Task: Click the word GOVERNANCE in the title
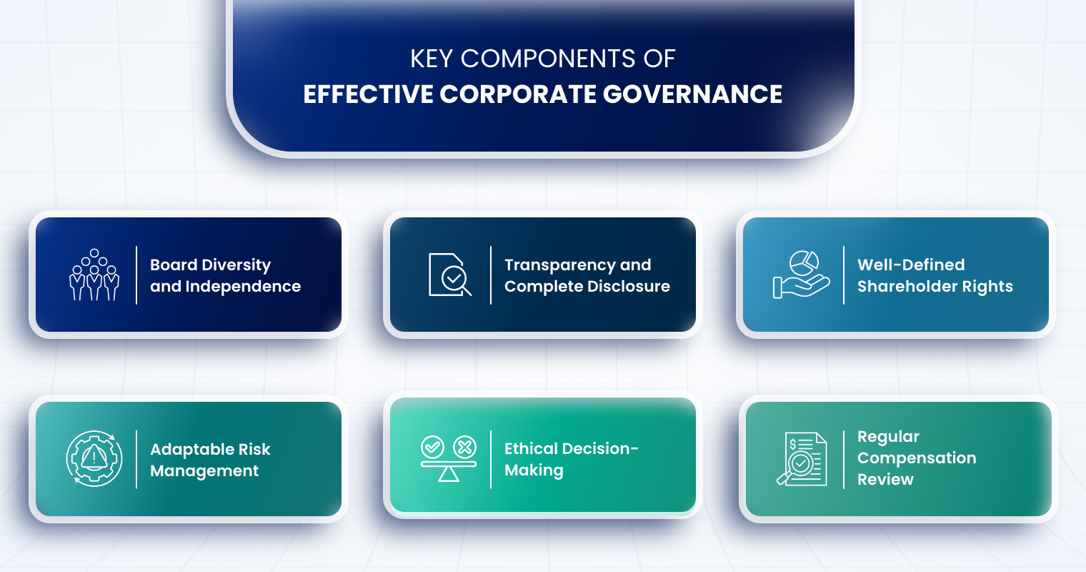[692, 94]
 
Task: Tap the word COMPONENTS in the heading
[548, 59]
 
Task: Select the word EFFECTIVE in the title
[368, 94]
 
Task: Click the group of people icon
[94, 275]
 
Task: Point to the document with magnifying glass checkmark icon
[449, 275]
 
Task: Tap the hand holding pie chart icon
[801, 275]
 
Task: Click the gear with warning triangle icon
[94, 458]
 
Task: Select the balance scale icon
[449, 458]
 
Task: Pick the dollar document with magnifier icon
[802, 458]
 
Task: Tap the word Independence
[243, 287]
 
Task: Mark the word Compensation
[917, 458]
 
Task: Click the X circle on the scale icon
[464, 447]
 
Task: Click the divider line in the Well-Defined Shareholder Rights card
[844, 275]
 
